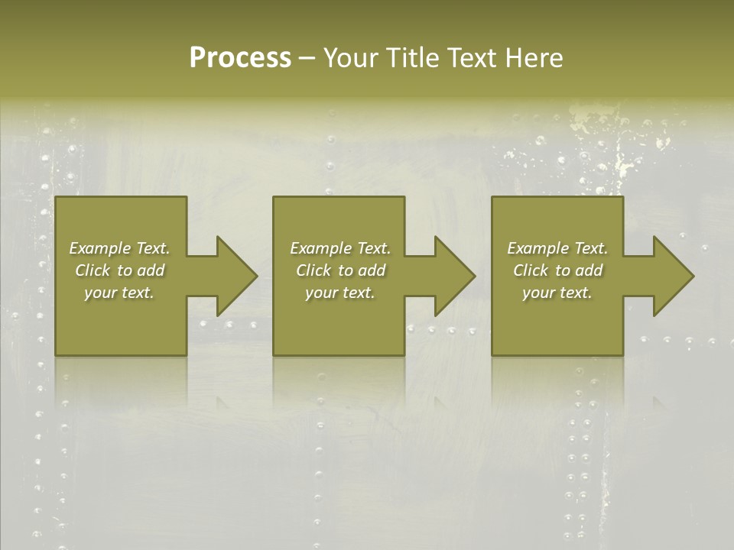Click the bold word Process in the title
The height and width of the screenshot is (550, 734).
point(240,58)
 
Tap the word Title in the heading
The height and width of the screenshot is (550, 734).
point(410,58)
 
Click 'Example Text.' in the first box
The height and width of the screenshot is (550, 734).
point(119,248)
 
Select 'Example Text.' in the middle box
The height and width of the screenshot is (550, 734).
point(339,248)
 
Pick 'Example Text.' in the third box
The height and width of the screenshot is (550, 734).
point(557,248)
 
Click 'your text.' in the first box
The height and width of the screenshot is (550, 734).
point(119,293)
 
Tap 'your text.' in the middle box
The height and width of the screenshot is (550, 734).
point(339,293)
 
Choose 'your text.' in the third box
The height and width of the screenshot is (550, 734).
point(557,293)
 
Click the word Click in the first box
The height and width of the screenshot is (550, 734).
point(93,270)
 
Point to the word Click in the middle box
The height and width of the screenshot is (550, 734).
point(313,270)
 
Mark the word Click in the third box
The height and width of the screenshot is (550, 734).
point(531,270)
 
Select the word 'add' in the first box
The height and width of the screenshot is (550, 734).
point(151,270)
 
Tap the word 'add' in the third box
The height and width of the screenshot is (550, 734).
point(589,270)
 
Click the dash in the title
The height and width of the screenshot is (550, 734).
point(307,59)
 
